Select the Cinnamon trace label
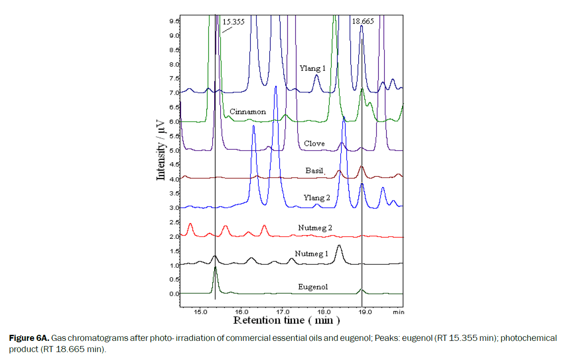pyautogui.click(x=248, y=112)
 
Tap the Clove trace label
pyautogui.click(x=314, y=143)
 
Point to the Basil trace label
pyautogui.click(x=314, y=171)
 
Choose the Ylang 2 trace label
pyautogui.click(x=317, y=197)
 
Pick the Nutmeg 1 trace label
pyautogui.click(x=312, y=254)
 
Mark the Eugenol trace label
pyautogui.click(x=313, y=287)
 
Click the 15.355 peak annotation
pyautogui.click(x=233, y=21)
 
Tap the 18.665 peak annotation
pyautogui.click(x=362, y=21)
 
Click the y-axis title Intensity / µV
pyautogui.click(x=161, y=149)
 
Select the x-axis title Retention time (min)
pyautogui.click(x=286, y=320)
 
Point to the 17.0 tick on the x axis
pyautogui.click(x=282, y=312)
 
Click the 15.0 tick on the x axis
pyautogui.click(x=200, y=312)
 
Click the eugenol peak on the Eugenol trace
pyautogui.click(x=215, y=268)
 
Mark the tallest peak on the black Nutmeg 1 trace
pyautogui.click(x=339, y=246)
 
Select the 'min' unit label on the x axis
pyautogui.click(x=398, y=312)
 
